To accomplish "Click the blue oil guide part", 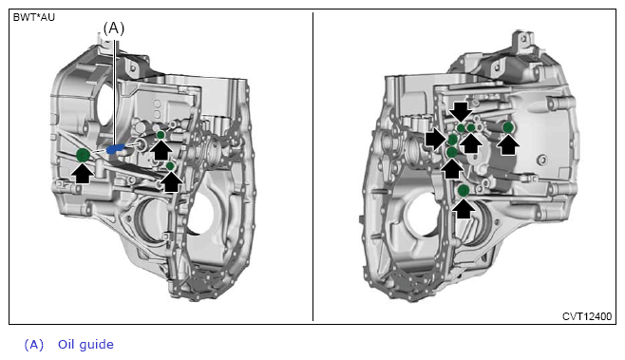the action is pos(115,149).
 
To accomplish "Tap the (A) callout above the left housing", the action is pos(114,28).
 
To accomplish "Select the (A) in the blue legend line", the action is pos(34,345).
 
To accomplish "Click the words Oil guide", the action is pos(85,344).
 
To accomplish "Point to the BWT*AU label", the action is pos(34,17).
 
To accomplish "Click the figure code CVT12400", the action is pos(587,316).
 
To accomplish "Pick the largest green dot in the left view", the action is pos(83,155).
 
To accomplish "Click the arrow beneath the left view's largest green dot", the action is pos(83,174).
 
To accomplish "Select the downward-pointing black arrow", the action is pos(462,111).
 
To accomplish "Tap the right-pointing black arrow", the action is pos(436,139).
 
